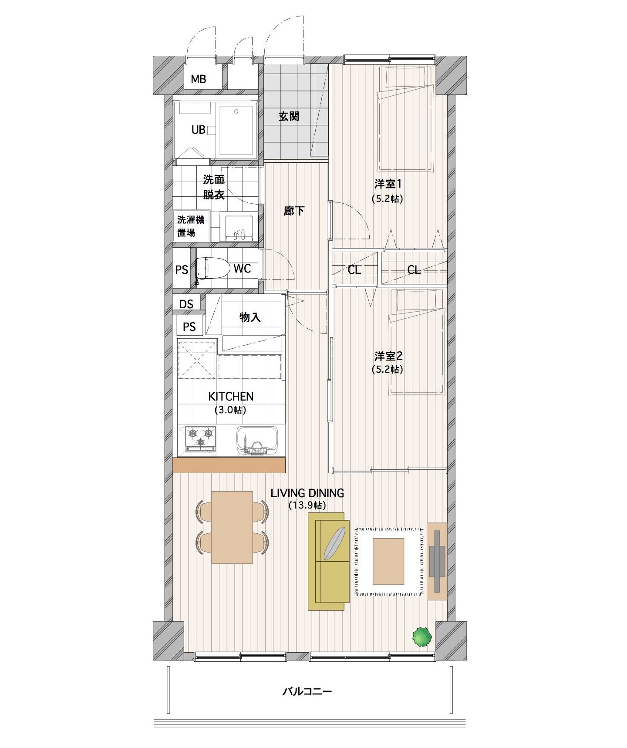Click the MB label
pyautogui.click(x=199, y=79)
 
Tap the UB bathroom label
pyautogui.click(x=199, y=129)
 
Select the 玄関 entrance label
pyautogui.click(x=289, y=116)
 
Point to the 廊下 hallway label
pyautogui.click(x=294, y=211)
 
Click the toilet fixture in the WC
pyautogui.click(x=212, y=268)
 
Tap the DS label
pyautogui.click(x=186, y=304)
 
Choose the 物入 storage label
pyautogui.click(x=250, y=317)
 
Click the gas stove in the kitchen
pyautogui.click(x=201, y=438)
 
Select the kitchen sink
pyautogui.click(x=257, y=440)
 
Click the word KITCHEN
pyautogui.click(x=231, y=396)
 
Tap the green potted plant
pyautogui.click(x=421, y=636)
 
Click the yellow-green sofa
pyautogui.click(x=329, y=562)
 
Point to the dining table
pyautogui.click(x=232, y=527)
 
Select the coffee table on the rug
pyautogui.click(x=388, y=561)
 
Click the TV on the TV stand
pyautogui.click(x=437, y=561)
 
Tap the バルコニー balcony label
pyautogui.click(x=307, y=691)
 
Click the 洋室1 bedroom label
pyautogui.click(x=388, y=184)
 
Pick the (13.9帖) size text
pyautogui.click(x=307, y=505)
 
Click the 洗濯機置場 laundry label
pyautogui.click(x=191, y=226)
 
